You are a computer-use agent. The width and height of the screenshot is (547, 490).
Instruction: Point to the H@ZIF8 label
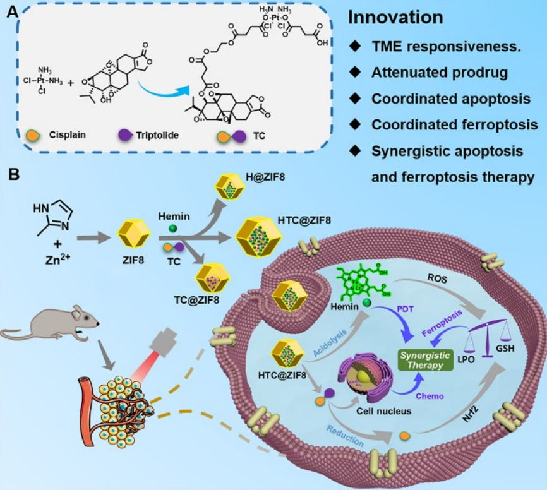pyautogui.click(x=266, y=176)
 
